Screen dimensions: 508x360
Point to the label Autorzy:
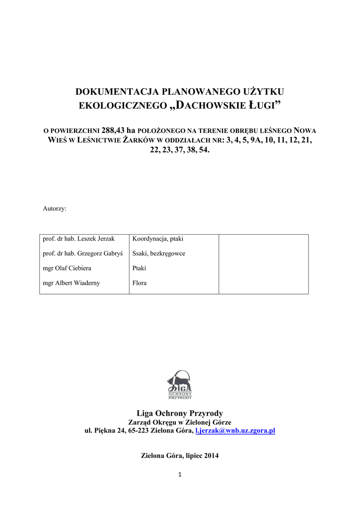(55, 209)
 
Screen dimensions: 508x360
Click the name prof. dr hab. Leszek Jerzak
(79, 239)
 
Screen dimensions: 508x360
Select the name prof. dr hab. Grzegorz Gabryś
(83, 254)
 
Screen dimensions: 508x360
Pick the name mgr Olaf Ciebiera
(67, 268)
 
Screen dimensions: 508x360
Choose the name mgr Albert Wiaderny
(72, 283)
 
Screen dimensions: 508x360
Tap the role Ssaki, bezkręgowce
(159, 254)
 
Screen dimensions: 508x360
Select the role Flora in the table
(140, 283)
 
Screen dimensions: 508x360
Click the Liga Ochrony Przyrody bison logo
(180, 384)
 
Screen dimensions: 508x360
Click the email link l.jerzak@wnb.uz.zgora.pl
(235, 431)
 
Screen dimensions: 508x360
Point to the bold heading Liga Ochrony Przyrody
(180, 413)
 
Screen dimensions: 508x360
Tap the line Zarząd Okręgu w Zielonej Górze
(180, 422)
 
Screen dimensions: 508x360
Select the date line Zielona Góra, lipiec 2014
(180, 455)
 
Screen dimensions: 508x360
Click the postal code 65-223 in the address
(137, 431)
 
